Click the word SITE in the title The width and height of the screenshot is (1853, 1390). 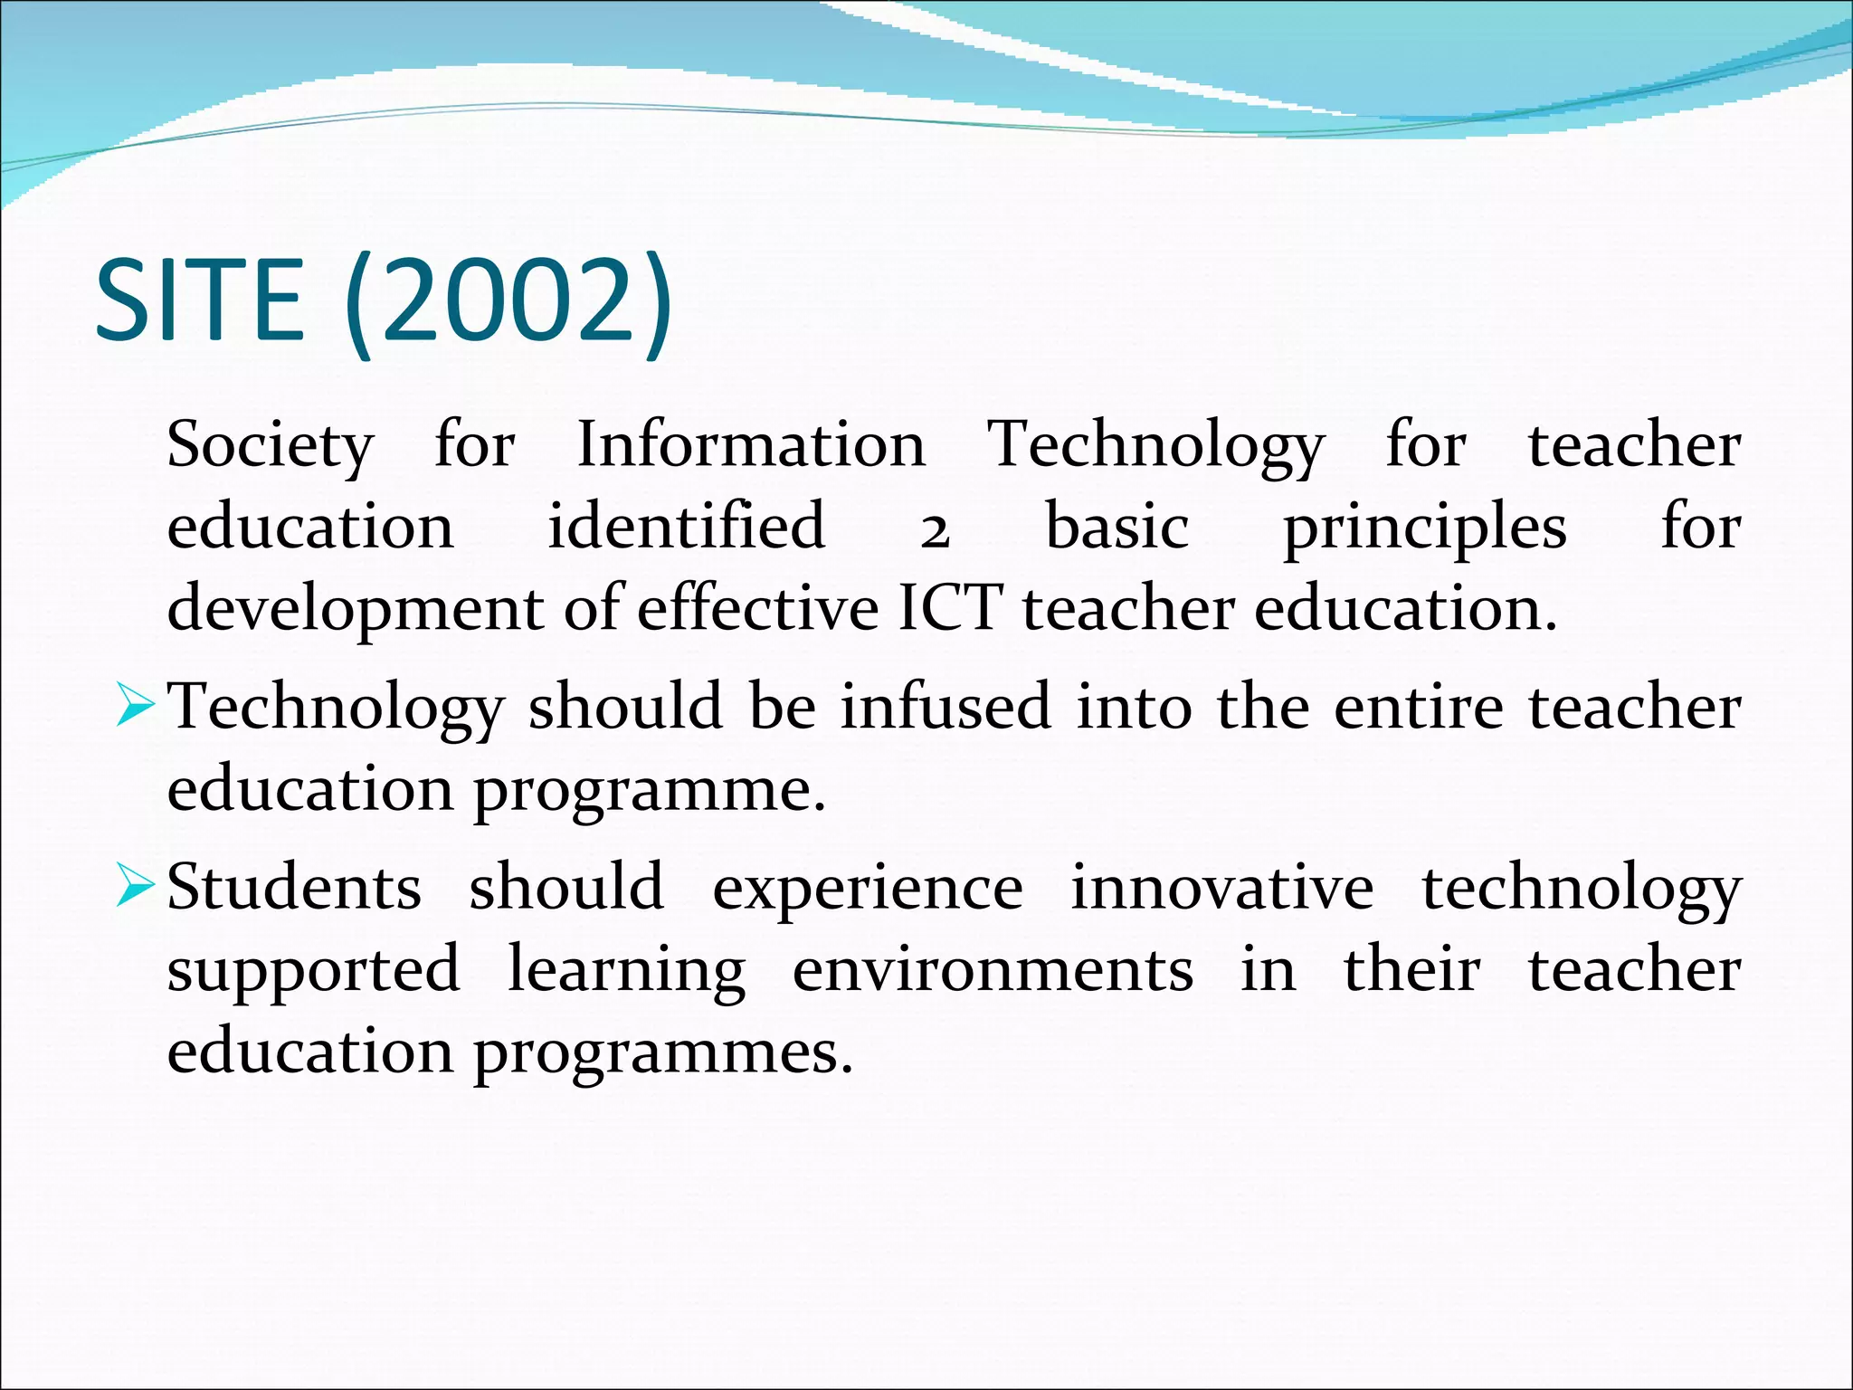click(x=199, y=300)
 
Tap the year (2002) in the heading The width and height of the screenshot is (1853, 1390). click(x=509, y=302)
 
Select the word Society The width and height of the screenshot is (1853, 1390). click(x=270, y=445)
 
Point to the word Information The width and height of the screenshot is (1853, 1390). click(x=751, y=445)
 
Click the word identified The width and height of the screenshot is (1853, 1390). click(x=686, y=527)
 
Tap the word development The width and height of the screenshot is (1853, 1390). click(x=355, y=609)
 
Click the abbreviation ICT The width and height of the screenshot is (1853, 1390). click(x=950, y=607)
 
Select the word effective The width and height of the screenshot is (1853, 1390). click(x=757, y=607)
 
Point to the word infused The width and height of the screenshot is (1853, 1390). click(x=946, y=707)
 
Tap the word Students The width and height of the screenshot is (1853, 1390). click(x=294, y=887)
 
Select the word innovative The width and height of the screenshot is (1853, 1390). click(x=1222, y=887)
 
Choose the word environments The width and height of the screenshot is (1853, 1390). click(x=993, y=969)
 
